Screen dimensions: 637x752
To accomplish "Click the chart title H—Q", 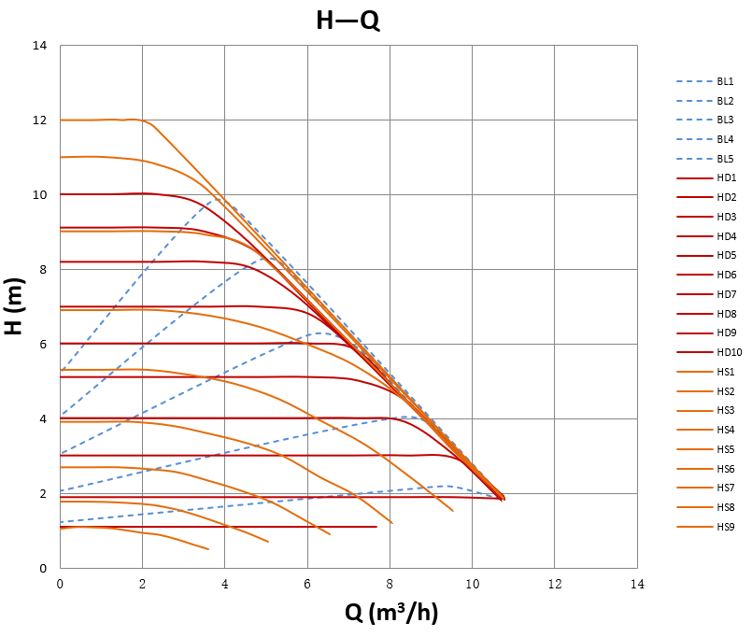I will pos(348,20).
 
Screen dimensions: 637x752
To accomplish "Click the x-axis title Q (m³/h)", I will pos(391,613).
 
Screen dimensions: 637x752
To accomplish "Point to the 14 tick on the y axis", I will pos(40,46).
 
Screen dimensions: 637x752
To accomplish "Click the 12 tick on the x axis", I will pos(554,584).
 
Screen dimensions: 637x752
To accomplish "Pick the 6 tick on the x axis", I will pos(307,584).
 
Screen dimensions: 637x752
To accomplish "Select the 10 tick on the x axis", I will pos(472,584).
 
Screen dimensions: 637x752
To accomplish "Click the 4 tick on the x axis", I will pos(224,584).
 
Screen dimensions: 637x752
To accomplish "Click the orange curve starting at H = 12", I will pos(93,120).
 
